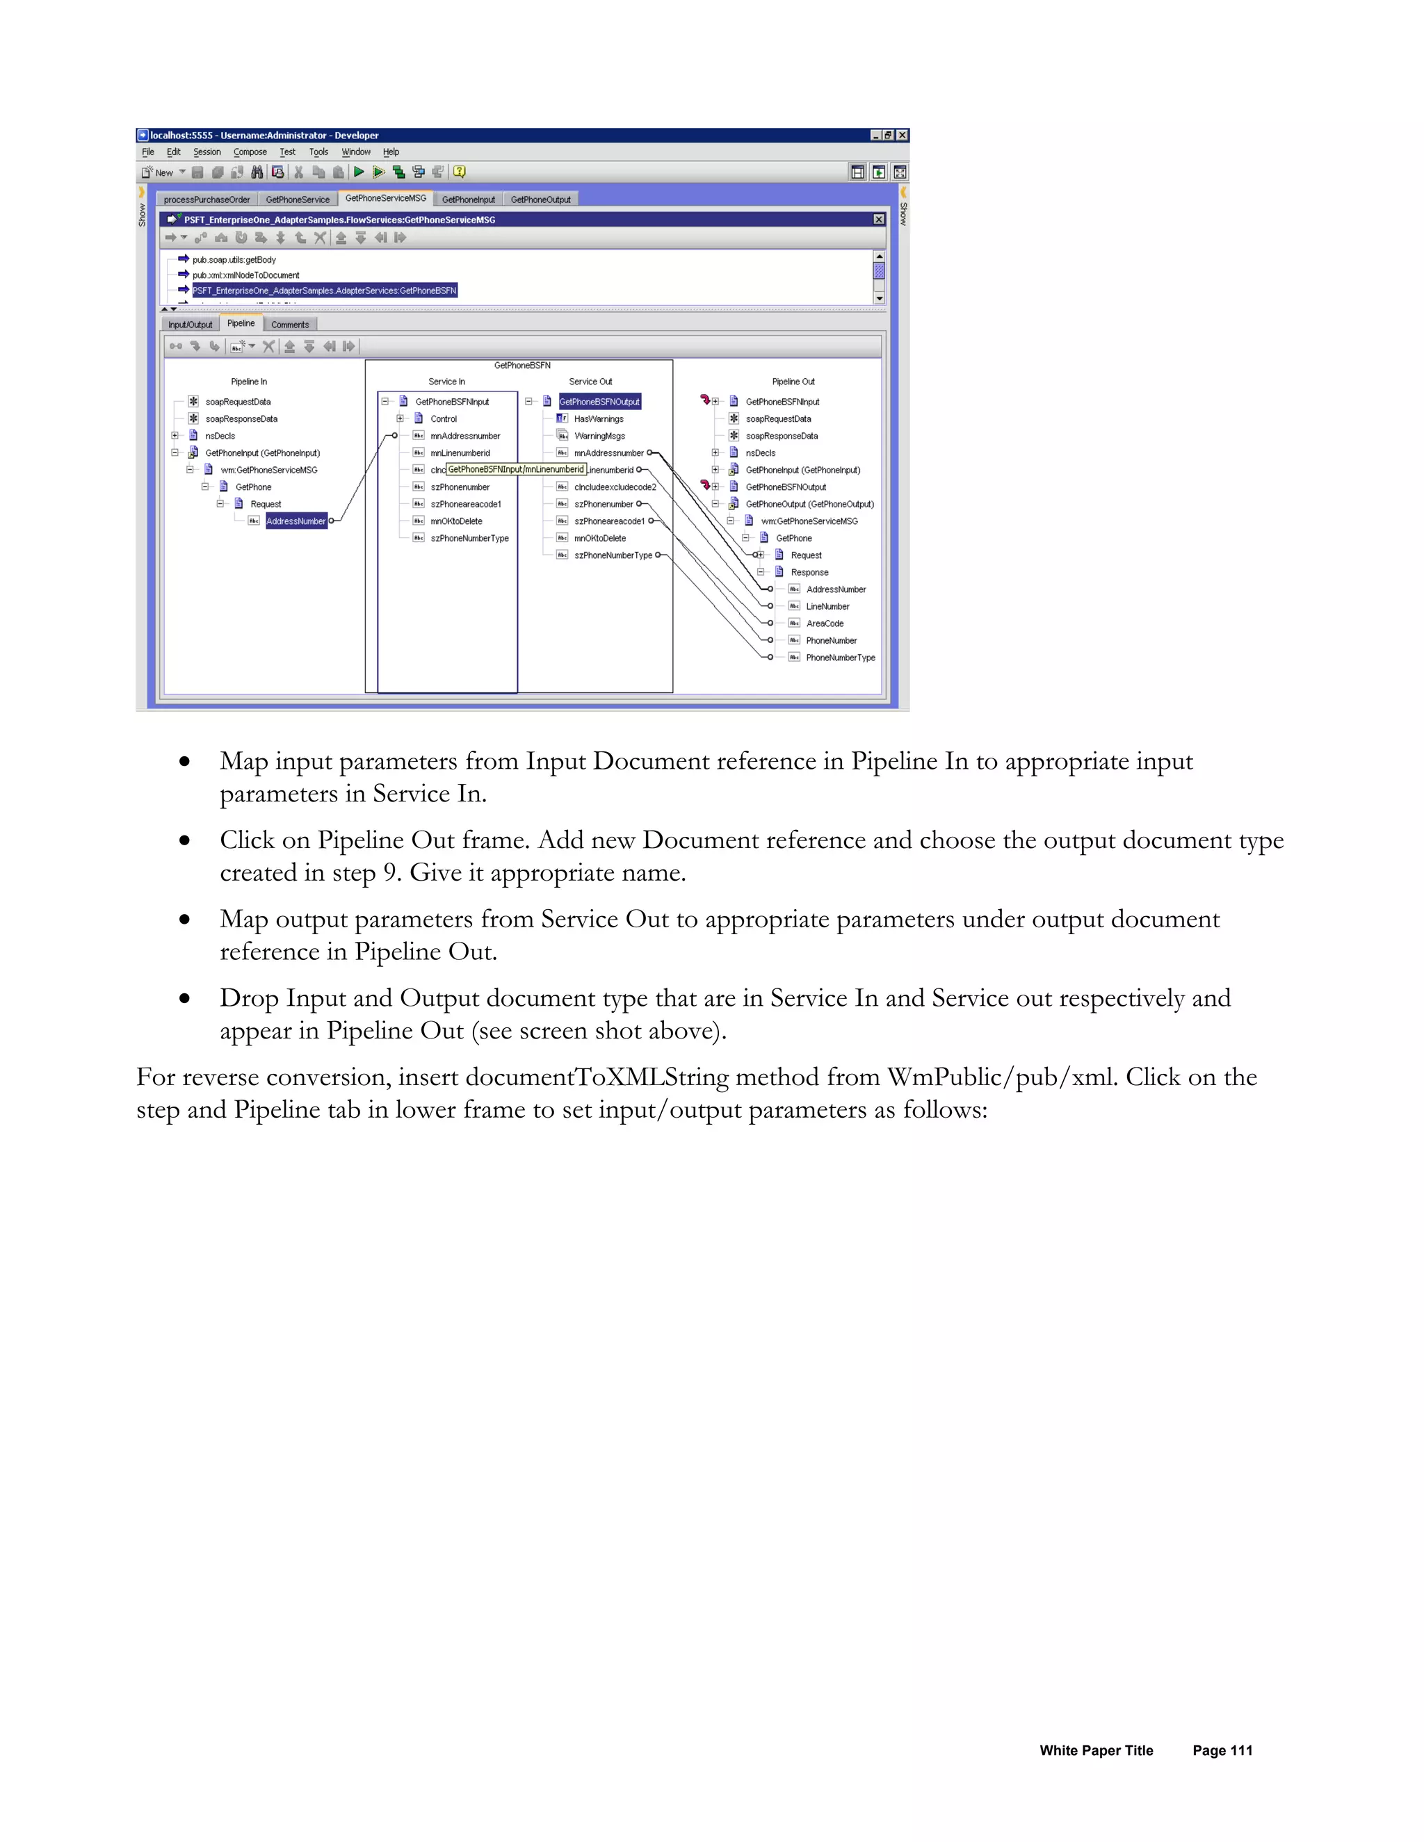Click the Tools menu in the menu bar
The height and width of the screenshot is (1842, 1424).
click(318, 152)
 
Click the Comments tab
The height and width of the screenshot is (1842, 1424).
click(290, 325)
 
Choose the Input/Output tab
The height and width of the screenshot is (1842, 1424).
click(190, 325)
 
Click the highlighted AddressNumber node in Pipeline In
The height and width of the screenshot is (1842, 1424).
click(296, 521)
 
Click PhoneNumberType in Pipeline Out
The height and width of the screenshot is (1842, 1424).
click(840, 658)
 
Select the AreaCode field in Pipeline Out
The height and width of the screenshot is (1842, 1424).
click(824, 624)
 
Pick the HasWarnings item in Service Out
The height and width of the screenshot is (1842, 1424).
click(599, 419)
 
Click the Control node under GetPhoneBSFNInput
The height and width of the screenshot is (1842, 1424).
click(444, 419)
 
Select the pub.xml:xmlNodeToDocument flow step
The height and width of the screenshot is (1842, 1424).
click(245, 276)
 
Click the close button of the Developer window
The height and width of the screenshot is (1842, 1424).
click(903, 135)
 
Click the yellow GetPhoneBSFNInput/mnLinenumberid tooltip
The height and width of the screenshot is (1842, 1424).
click(515, 470)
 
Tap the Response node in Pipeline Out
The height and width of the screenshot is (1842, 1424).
click(809, 573)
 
